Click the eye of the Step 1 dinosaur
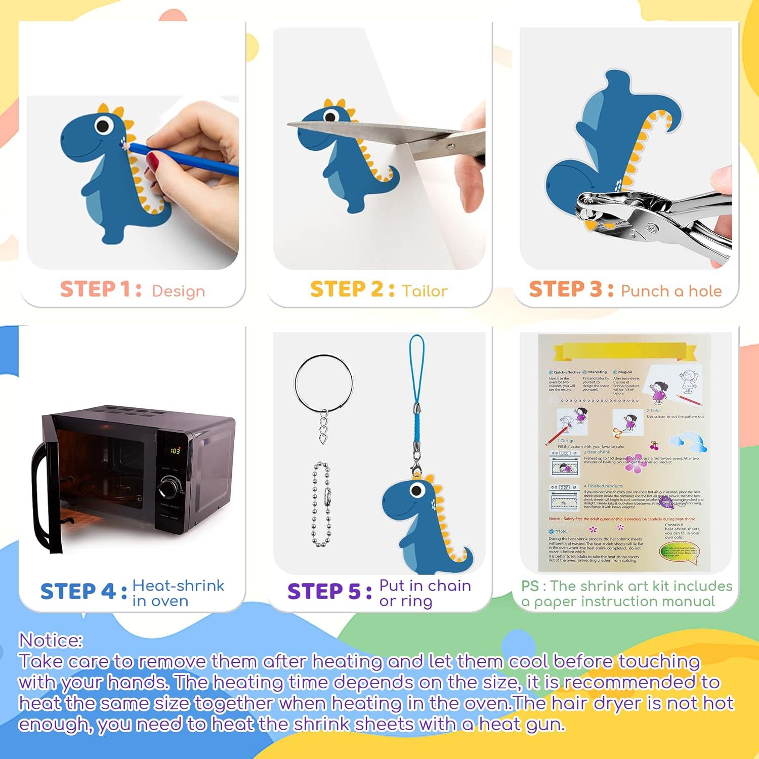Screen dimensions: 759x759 [x=103, y=124]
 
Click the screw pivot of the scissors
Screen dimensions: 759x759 [x=450, y=147]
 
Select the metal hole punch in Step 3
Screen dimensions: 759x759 [x=653, y=218]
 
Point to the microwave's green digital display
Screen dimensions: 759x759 [x=175, y=450]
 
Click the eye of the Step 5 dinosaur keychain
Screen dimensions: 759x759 [x=417, y=489]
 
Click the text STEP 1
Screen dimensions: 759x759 [x=101, y=289]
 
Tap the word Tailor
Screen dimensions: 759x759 [x=425, y=291]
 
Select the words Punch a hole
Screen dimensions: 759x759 [x=671, y=291]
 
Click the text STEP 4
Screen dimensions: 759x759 [x=83, y=592]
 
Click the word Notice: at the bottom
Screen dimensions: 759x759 [x=51, y=641]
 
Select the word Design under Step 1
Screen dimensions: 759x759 [x=178, y=291]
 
